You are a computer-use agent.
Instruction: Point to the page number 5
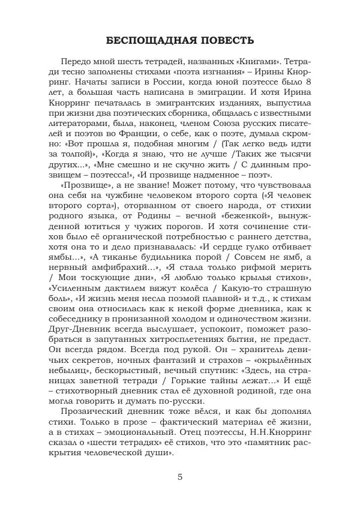180,477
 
